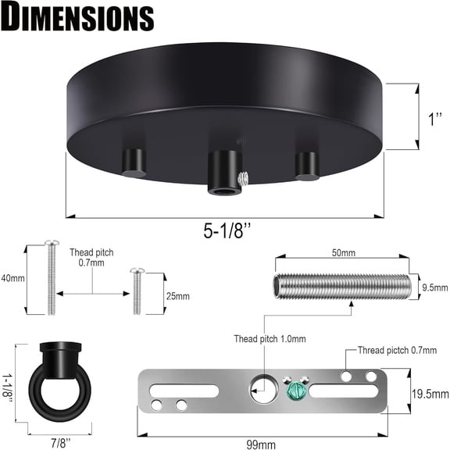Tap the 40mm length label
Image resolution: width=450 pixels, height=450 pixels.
[x=13, y=278]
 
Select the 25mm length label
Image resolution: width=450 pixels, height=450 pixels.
[x=178, y=296]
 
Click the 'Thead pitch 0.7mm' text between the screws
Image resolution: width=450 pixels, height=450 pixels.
[x=92, y=259]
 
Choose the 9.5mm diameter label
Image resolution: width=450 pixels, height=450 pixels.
[x=435, y=287]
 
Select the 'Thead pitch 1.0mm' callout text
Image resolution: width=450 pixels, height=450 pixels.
[x=270, y=339]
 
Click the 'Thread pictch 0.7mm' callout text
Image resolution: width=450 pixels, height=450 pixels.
[x=397, y=350]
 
